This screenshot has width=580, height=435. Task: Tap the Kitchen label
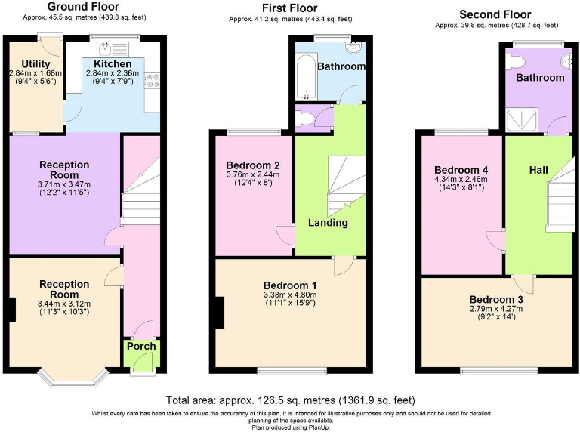pyautogui.click(x=113, y=64)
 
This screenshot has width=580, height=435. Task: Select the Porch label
pyautogui.click(x=141, y=347)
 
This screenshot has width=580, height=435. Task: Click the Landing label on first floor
pyautogui.click(x=328, y=223)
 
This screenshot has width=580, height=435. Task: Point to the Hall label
pyautogui.click(x=538, y=171)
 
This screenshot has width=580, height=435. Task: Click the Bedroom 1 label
pyautogui.click(x=290, y=285)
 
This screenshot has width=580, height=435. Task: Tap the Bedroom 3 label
pyautogui.click(x=495, y=299)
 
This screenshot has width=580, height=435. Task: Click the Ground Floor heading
pyautogui.click(x=83, y=7)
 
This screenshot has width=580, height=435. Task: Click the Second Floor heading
pyautogui.click(x=495, y=14)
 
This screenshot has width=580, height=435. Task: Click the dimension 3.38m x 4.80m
pyautogui.click(x=290, y=295)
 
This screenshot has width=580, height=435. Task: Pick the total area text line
pyautogui.click(x=289, y=400)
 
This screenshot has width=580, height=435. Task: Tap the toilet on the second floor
pyautogui.click(x=518, y=58)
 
